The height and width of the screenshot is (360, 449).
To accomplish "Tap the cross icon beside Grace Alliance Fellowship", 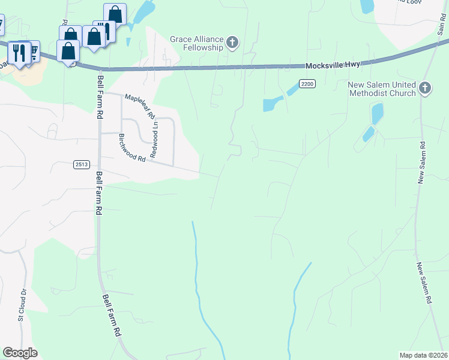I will click(x=232, y=43).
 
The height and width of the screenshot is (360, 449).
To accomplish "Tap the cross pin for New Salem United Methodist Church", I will click(x=425, y=89).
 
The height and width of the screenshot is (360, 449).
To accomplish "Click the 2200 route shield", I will click(x=307, y=85).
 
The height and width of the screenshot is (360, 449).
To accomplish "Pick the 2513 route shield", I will click(x=82, y=164).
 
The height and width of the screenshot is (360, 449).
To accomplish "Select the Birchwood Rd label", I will click(x=132, y=148).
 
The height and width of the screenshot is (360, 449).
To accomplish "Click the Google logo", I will click(x=20, y=353).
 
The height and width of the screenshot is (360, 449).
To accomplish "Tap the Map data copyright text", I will click(x=424, y=355).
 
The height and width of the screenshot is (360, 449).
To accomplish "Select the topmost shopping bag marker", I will click(x=115, y=14).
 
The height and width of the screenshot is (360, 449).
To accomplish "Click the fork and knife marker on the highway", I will click(x=18, y=53).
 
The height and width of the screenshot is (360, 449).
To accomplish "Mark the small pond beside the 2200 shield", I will click(x=273, y=104).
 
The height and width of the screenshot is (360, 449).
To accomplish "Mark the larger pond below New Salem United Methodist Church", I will click(x=377, y=113).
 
